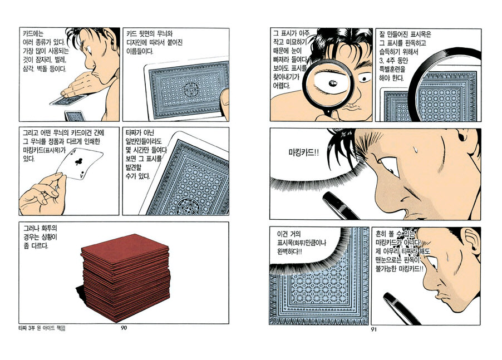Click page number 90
tap(124, 328)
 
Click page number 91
tap(373, 329)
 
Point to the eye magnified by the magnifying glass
tap(331, 82)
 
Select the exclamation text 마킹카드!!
tap(303, 152)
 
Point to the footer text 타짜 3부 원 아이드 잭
tap(42, 328)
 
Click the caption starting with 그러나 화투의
tap(40, 237)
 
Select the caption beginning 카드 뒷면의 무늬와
tap(155, 42)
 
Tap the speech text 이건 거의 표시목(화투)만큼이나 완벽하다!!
tap(302, 243)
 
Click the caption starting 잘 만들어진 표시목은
tap(405, 56)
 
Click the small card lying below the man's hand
tap(76, 116)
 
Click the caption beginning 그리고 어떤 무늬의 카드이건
tap(63, 146)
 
